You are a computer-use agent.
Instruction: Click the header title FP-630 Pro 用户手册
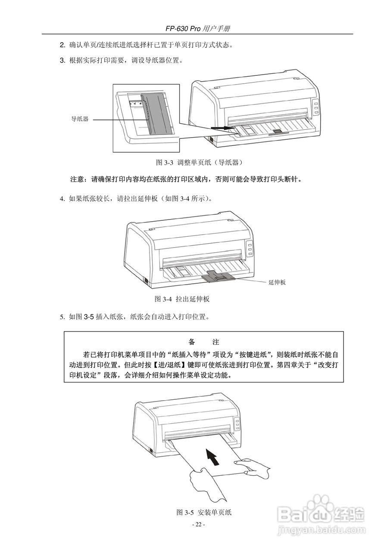pos(197,28)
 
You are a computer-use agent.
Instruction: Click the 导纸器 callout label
pos(80,119)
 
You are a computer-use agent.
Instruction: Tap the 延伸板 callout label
pos(277,282)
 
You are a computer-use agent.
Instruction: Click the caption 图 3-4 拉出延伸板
pos(182,299)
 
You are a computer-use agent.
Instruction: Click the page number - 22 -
pos(198,524)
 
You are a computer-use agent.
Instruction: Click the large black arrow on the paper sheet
pos(212,457)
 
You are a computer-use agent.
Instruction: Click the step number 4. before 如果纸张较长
pos(62,199)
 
